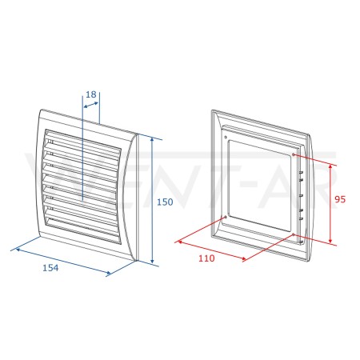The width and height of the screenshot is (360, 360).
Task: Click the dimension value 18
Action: point(91,94)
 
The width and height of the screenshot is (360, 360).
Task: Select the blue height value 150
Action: point(165,202)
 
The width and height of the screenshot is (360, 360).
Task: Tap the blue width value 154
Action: point(50,268)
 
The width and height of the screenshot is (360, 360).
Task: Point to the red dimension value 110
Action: point(206,258)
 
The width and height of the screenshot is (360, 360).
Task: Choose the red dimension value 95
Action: point(340,199)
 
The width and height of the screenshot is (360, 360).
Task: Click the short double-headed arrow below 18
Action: point(91,105)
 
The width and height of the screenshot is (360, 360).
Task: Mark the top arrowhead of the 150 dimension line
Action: point(152,140)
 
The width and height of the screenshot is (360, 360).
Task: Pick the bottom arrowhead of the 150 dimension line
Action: point(152,261)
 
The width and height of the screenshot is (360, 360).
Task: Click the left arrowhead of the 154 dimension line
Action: point(18,250)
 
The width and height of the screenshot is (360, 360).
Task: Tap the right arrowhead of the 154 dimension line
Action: point(108,273)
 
